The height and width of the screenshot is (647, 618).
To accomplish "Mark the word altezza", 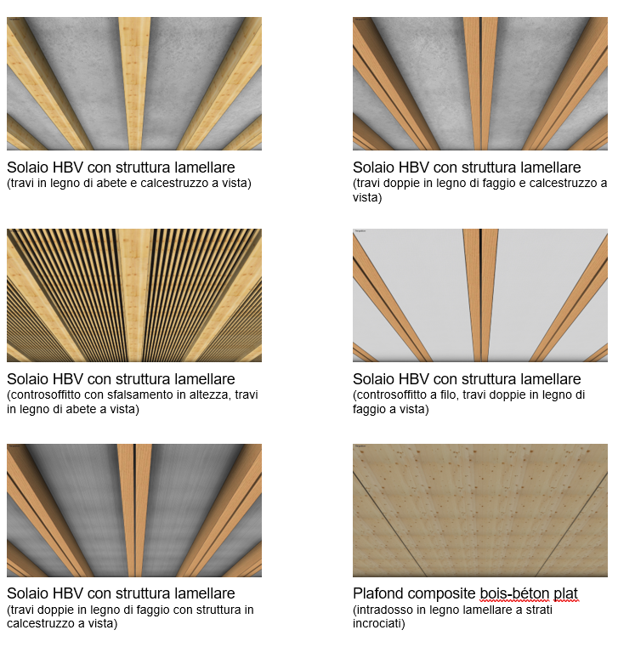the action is click(210, 394).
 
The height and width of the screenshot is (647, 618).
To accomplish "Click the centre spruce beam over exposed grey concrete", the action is click(134, 83).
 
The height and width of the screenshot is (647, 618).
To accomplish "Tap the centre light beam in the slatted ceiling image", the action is click(134, 295).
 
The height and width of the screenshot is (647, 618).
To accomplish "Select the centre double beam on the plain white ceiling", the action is click(480, 295).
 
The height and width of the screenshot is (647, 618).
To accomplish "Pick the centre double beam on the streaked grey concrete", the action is click(134, 510).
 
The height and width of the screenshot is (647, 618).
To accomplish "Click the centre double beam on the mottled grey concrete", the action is click(480, 83).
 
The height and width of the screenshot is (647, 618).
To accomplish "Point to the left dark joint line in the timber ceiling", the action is click(390, 524).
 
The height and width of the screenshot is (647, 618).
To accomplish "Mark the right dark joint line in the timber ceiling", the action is click(571, 524).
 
